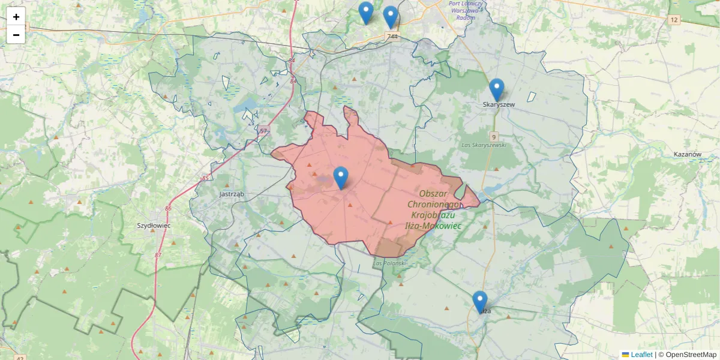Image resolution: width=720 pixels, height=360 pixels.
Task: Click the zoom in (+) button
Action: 16,17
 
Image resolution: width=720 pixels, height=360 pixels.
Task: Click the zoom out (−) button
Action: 16,35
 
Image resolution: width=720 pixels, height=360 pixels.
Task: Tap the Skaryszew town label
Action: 499,104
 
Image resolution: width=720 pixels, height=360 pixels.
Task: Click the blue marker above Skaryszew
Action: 496,89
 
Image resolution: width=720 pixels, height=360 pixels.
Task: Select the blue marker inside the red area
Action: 341,178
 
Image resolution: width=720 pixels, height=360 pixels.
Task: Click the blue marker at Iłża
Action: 480,301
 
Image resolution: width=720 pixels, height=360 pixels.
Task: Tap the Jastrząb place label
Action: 231,194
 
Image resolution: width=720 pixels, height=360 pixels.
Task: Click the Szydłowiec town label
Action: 154,225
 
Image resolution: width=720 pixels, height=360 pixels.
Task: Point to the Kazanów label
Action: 688,154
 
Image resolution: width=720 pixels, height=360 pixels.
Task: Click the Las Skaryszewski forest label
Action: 484,145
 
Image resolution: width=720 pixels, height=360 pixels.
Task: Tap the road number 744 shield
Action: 392,37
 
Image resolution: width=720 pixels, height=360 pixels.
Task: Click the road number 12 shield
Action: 674,20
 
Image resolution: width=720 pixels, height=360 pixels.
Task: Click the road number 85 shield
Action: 205,178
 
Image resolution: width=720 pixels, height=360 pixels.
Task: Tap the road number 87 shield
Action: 158,255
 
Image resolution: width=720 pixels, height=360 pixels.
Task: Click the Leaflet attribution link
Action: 641,355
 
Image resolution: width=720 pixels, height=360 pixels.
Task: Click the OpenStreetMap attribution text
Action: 688,355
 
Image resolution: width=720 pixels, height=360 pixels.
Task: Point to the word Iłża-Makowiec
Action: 433,226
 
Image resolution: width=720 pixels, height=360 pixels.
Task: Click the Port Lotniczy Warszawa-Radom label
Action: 466,10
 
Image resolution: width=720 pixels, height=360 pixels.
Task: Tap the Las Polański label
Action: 390,263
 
